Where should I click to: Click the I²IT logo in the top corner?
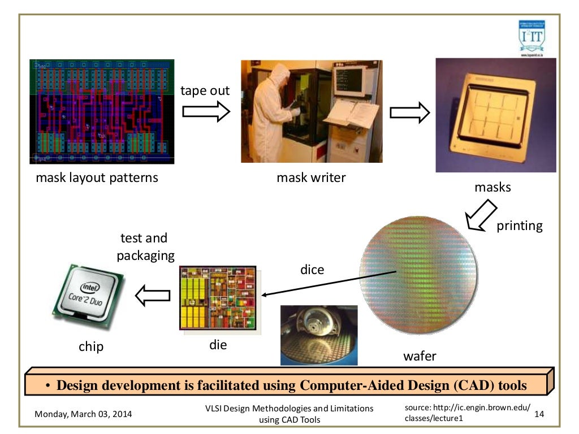click(532, 38)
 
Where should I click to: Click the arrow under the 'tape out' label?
click(206, 112)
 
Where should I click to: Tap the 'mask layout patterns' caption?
click(97, 178)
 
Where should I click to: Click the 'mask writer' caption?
click(311, 178)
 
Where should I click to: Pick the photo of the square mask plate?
click(495, 115)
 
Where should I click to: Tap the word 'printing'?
click(519, 226)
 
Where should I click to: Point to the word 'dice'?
click(312, 270)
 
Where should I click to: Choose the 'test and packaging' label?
click(145, 247)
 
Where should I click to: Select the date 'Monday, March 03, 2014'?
click(83, 414)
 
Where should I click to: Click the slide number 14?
click(538, 414)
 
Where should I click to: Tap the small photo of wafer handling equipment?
click(319, 335)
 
